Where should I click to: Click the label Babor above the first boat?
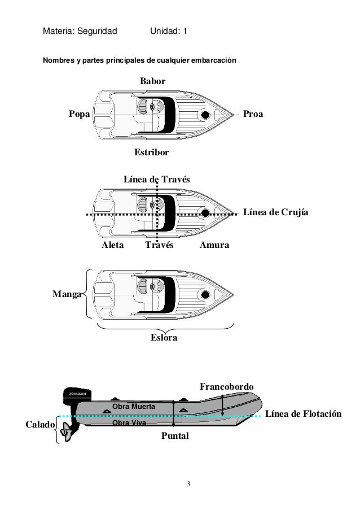[152, 82]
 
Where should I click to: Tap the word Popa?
[79, 114]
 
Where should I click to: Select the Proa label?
[253, 114]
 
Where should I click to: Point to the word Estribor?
[151, 152]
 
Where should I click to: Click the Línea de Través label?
[157, 179]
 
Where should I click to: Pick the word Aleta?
[112, 246]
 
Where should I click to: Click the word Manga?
[67, 294]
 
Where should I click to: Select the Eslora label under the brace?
[164, 338]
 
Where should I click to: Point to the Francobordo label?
[227, 386]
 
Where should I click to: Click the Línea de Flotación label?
[304, 414]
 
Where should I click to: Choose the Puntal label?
[175, 437]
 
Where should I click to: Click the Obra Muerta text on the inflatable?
[134, 406]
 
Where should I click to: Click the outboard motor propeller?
[67, 435]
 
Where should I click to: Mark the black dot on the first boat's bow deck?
[205, 115]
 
